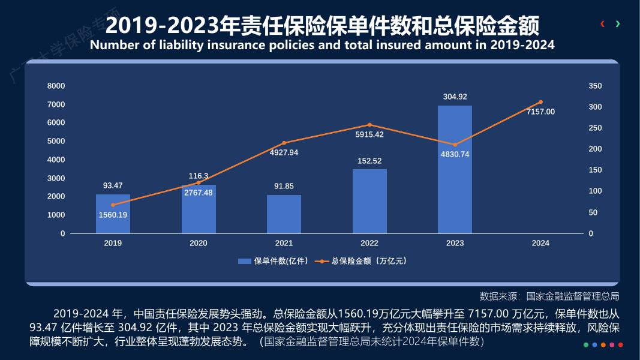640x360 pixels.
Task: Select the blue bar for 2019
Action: pos(113,214)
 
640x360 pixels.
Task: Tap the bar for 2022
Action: pos(369,202)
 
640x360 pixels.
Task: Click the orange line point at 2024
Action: pos(540,102)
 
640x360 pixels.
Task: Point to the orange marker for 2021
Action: pos(284,143)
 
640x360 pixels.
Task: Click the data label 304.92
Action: pos(455,97)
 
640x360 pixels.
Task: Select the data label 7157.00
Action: pos(540,112)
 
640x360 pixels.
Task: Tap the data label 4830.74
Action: pos(455,154)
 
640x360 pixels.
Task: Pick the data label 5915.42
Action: pos(369,134)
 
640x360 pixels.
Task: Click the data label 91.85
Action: pos(284,186)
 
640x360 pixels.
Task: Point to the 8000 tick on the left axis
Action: pos(56,86)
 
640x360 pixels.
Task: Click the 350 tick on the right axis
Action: pos(595,86)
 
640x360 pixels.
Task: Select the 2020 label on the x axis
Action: pos(199,243)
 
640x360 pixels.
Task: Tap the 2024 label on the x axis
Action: pos(540,243)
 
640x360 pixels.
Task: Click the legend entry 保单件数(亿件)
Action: pos(274,261)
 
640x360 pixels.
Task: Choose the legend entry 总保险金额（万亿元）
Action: pos(363,261)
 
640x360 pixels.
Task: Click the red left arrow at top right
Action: pos(602,24)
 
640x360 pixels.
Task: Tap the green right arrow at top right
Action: pos(618,24)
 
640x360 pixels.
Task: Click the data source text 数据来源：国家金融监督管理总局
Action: pos(549,296)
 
